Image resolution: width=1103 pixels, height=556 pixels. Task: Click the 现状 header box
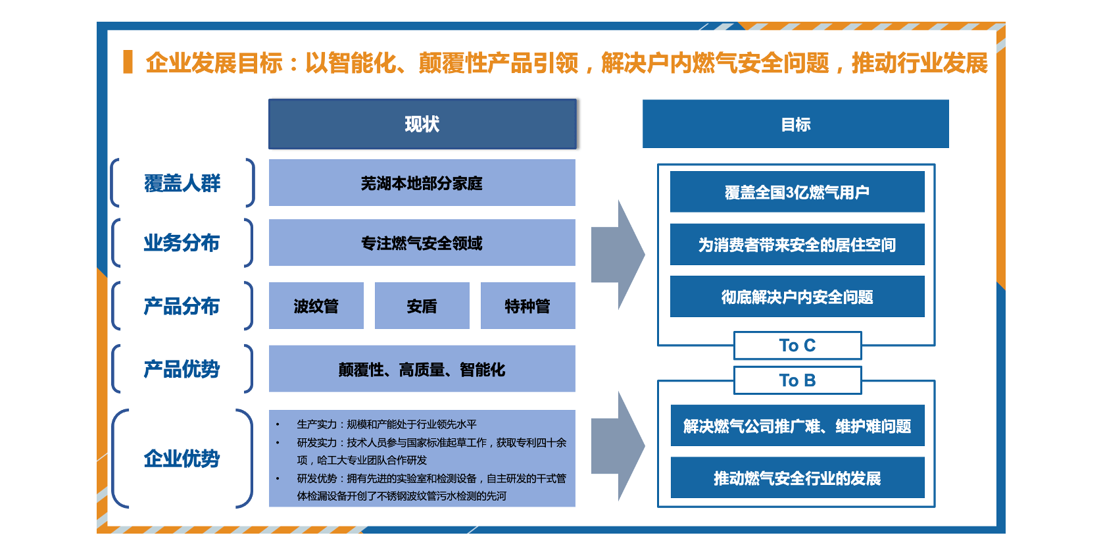pos(422,124)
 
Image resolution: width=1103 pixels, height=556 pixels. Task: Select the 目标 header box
pos(795,124)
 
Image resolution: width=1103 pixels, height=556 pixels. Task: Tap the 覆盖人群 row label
pos(182,183)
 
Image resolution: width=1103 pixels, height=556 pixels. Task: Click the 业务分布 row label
pos(182,243)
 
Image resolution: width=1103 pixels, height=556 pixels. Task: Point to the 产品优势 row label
pos(182,369)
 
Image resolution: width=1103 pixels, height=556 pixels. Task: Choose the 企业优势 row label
pos(182,458)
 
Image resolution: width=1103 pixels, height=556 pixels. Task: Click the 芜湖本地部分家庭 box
pos(422,183)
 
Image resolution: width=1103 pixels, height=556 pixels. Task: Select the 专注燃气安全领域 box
pos(422,243)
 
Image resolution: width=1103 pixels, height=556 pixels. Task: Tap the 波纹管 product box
pos(316,306)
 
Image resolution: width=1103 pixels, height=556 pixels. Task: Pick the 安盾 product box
pos(422,306)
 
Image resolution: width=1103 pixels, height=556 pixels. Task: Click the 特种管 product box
pos(527,306)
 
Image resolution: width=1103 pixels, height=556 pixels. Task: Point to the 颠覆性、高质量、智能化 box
pos(422,369)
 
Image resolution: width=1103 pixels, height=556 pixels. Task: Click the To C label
pos(797,345)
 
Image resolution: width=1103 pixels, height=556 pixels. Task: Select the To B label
pos(797,380)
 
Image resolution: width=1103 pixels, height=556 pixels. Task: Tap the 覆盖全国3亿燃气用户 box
pos(797,192)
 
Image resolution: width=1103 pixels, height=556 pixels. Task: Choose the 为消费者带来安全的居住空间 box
pos(797,245)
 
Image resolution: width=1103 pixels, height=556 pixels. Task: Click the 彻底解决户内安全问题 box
pos(797,297)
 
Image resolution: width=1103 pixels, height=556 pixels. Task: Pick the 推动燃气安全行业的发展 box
pos(797,478)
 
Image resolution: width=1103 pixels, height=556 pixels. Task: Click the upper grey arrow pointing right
pos(618,255)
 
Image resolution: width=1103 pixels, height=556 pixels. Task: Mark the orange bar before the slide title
pos(128,62)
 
